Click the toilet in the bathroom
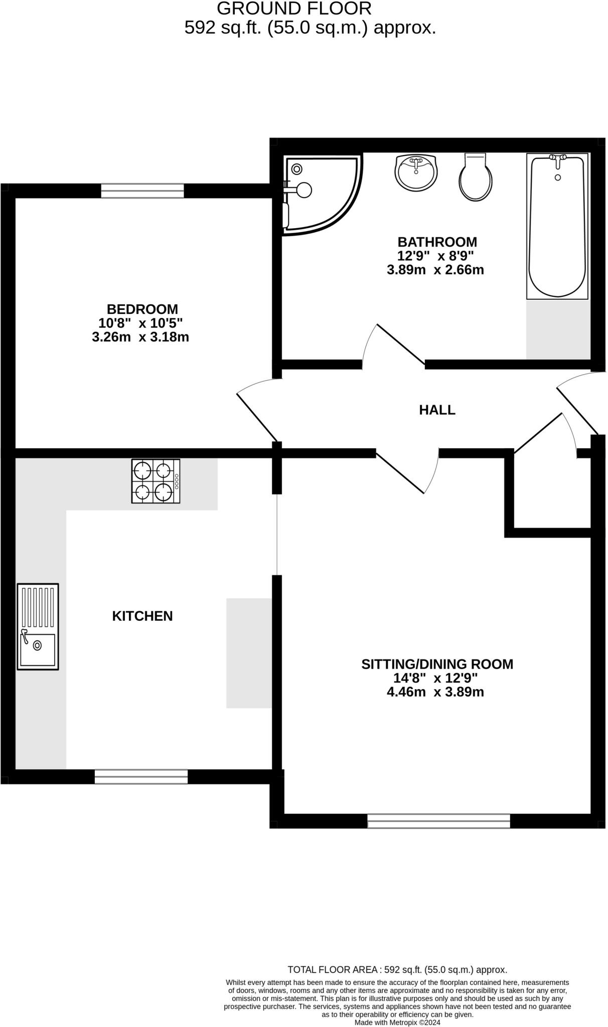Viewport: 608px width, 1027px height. (475, 179)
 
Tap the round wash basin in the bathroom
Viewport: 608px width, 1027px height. (416, 172)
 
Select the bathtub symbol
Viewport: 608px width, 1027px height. (557, 226)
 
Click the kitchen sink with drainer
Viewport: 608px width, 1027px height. (38, 626)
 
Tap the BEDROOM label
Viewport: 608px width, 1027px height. (142, 309)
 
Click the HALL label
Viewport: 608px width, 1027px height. (437, 410)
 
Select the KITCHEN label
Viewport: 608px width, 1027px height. (142, 616)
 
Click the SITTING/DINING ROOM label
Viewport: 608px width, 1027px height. (437, 664)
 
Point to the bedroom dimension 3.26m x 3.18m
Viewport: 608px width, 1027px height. (140, 337)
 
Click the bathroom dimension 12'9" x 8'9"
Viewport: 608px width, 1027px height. (435, 256)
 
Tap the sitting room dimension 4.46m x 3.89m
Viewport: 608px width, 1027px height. (435, 693)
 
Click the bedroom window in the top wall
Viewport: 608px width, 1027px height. (142, 191)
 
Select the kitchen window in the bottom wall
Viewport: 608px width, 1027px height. (141, 777)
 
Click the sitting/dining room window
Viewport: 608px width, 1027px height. (438, 821)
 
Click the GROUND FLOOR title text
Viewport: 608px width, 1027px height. (294, 9)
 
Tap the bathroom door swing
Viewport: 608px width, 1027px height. (394, 346)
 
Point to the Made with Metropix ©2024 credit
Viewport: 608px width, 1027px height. (397, 1022)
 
